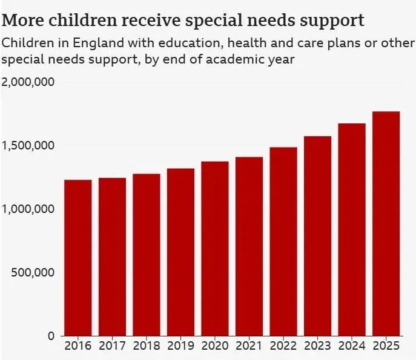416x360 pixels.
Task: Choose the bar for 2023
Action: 317,235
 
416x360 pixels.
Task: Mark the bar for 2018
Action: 146,254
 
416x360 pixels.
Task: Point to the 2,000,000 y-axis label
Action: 28,82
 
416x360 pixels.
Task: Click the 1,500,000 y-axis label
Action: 28,146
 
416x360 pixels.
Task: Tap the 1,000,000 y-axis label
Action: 28,209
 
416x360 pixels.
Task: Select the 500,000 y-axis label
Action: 33,272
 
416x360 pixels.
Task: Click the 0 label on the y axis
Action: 51,336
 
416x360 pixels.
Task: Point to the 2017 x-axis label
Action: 111,347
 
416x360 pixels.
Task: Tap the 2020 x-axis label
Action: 214,347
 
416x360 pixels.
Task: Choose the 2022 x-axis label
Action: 283,347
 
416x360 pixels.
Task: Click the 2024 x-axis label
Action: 352,347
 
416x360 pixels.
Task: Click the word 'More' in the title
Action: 21,21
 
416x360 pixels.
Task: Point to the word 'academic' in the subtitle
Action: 222,59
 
